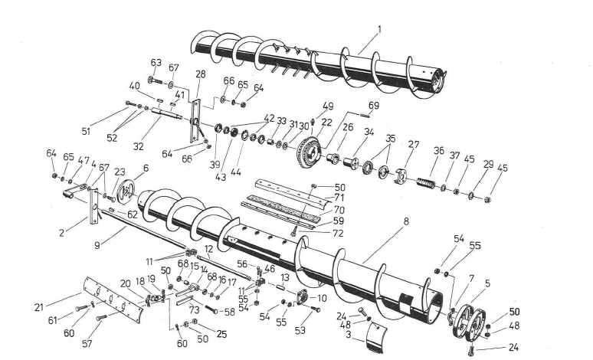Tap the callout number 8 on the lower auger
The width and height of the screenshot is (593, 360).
[406, 222]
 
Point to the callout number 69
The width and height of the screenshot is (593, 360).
[374, 104]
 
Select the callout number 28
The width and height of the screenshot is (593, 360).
[201, 74]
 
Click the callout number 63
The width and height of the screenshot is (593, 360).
[156, 62]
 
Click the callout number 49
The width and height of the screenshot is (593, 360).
[327, 106]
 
